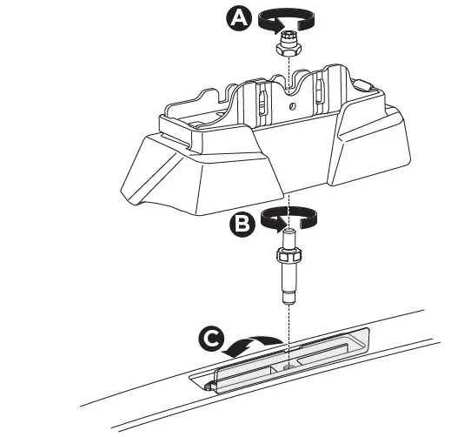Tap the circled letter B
pos(241,225)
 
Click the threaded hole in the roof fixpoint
pos(287,356)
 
